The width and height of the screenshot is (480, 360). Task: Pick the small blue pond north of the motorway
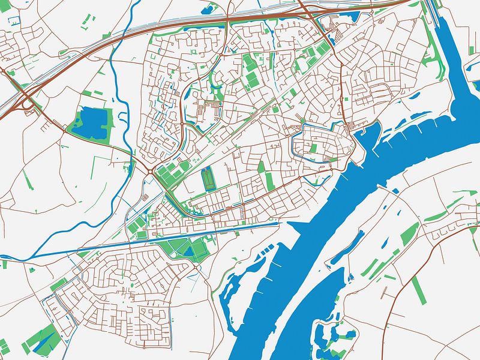tap(211, 9)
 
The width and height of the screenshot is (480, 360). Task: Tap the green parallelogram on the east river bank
tap(410, 232)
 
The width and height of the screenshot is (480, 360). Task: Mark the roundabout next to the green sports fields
tap(149, 170)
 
